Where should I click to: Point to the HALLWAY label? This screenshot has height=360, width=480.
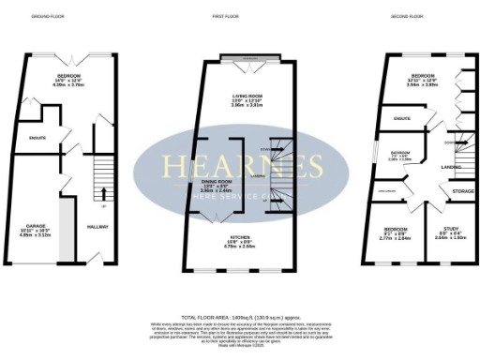(97, 226)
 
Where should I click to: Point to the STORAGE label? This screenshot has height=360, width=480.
(450, 190)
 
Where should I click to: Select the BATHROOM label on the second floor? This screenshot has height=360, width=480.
(401, 154)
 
